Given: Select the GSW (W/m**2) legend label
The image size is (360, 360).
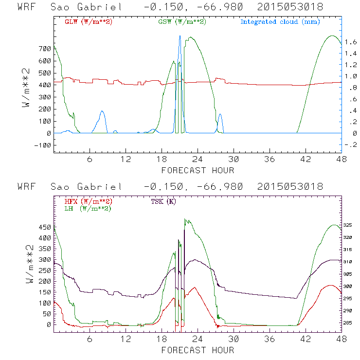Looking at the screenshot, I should (181, 22).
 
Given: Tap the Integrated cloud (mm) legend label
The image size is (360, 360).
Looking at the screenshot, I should (280, 22).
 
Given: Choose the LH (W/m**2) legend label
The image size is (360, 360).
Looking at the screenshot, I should (86, 208).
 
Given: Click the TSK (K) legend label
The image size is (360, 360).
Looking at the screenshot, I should (163, 201).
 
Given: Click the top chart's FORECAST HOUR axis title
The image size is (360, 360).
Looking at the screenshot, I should (198, 170).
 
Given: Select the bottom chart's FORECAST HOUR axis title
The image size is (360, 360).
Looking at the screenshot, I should (198, 350).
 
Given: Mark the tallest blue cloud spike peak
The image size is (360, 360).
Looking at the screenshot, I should (180, 36).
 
